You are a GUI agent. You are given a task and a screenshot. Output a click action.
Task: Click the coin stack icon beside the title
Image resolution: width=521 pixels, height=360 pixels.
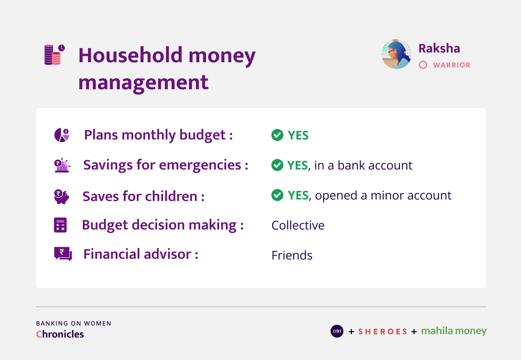click(55, 54)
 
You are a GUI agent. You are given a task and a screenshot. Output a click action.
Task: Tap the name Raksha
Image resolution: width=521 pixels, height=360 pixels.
click(439, 48)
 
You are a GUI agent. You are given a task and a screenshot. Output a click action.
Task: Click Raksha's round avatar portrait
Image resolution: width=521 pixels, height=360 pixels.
click(397, 54)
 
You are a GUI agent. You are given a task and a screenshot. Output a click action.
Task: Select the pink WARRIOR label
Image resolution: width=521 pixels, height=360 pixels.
click(452, 65)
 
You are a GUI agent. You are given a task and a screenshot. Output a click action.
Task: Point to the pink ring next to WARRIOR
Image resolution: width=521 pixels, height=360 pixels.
click(423, 65)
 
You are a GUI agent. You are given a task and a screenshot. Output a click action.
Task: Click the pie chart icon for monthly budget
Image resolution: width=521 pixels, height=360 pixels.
click(61, 135)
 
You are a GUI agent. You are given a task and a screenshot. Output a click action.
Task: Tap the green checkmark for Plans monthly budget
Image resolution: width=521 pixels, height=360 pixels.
click(277, 135)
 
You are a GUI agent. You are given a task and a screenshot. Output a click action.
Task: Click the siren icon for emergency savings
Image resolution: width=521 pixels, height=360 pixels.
click(62, 165)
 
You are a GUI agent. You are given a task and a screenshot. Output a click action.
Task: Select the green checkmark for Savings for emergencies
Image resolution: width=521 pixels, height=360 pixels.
click(277, 165)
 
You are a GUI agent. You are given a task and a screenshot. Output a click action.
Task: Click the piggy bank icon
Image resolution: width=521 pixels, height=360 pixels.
click(61, 196)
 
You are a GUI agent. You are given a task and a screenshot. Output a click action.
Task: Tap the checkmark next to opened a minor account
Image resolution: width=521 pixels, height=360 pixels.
click(277, 195)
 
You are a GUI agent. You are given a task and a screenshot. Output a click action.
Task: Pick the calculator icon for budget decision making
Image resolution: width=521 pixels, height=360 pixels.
click(60, 225)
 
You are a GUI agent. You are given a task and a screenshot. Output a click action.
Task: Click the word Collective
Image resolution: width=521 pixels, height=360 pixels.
click(298, 225)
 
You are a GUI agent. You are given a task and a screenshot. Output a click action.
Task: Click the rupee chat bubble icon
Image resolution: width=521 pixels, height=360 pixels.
click(63, 254)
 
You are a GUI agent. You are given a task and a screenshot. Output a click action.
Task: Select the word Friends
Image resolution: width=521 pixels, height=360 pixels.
click(292, 255)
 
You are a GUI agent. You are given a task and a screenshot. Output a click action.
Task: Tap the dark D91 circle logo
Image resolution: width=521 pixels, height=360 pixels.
click(337, 331)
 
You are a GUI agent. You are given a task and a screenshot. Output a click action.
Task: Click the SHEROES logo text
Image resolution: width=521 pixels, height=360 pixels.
click(383, 331)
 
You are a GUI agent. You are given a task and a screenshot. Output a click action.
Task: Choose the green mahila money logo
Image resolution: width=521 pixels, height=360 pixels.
click(454, 331)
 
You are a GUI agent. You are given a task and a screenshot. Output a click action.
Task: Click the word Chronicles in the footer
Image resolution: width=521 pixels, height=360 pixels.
click(60, 334)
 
